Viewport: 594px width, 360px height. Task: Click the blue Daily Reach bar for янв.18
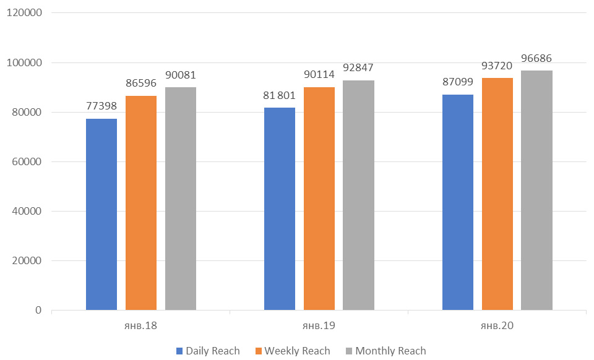tap(101, 214)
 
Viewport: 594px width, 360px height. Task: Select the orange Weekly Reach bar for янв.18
tap(141, 203)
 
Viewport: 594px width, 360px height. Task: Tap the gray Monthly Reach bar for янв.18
tap(181, 199)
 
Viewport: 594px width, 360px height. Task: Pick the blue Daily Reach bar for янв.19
tap(280, 208)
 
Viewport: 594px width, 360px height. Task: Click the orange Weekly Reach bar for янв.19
tap(319, 199)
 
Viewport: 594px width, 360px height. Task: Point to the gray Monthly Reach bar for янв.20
tap(536, 190)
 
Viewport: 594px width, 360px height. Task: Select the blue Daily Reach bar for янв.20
tap(458, 202)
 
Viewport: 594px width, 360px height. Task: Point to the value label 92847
tap(358, 68)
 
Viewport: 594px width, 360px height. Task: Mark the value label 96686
tap(536, 59)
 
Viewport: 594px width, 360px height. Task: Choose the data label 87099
tap(458, 82)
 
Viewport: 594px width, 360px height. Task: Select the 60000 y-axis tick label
tap(25, 161)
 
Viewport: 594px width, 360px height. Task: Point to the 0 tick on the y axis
tap(38, 310)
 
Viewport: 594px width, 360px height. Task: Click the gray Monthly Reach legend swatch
tap(350, 351)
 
